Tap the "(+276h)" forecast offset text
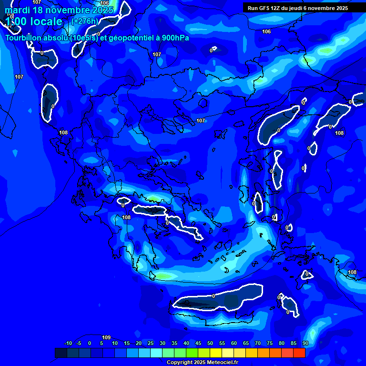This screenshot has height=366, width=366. point(85,21)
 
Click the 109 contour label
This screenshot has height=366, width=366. point(106,337)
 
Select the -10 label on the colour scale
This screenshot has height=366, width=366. point(68,344)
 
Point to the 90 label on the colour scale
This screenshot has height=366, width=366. point(305,344)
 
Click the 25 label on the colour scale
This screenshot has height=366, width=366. point(151,344)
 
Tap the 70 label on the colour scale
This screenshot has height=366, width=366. point(258,344)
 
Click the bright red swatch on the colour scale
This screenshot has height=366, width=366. point(299,353)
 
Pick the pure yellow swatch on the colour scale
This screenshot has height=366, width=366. point(216,353)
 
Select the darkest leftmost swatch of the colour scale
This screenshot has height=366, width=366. point(61,353)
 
